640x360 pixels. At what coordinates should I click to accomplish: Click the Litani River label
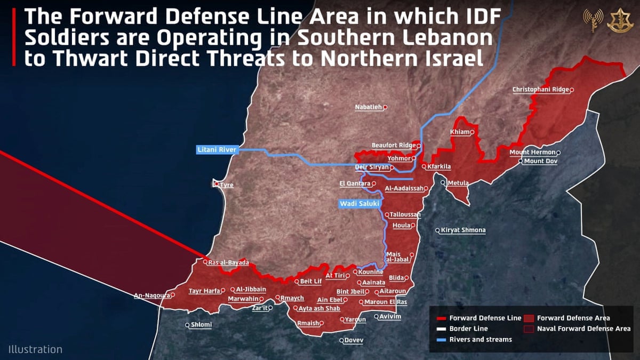tap(216, 150)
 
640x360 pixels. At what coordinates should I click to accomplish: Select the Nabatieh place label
tap(369, 107)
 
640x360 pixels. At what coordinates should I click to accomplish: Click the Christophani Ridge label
tap(540, 90)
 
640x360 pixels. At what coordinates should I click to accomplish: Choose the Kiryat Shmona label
tap(463, 230)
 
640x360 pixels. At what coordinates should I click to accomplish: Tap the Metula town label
tap(458, 183)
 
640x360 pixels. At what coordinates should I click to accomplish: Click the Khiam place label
tap(460, 132)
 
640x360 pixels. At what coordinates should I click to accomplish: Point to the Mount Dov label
tap(540, 161)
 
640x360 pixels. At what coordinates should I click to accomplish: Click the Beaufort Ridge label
tap(394, 145)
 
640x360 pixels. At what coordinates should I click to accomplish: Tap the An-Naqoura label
tap(151, 295)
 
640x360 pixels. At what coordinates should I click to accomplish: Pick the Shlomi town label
tap(201, 325)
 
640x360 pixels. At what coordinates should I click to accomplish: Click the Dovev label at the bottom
tap(354, 340)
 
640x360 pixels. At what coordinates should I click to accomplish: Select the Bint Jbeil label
tap(350, 292)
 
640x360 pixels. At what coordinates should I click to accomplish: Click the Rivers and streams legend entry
tap(480, 339)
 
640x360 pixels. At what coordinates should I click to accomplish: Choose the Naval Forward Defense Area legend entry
tap(583, 329)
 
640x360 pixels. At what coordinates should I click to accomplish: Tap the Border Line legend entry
tap(468, 329)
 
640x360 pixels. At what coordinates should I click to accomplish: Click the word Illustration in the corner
tap(35, 349)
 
